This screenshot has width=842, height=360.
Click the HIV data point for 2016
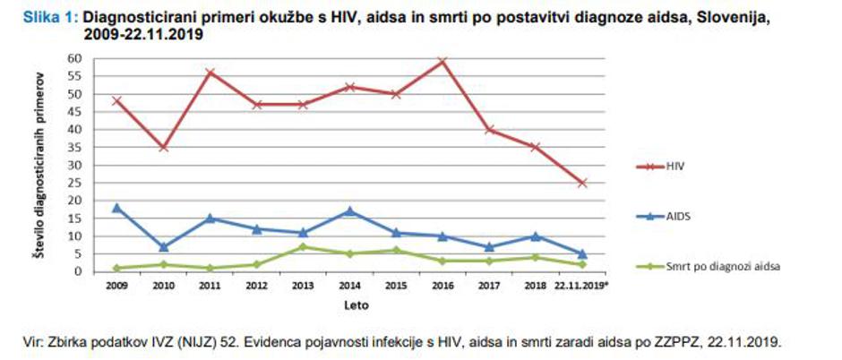(442, 62)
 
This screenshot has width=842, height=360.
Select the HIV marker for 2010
(163, 147)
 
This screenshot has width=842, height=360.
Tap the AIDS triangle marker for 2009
(116, 208)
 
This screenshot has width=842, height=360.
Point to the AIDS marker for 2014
(348, 211)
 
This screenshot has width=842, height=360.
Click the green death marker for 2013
(302, 246)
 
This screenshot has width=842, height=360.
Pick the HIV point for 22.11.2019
(582, 183)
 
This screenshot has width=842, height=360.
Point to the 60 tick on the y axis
(76, 58)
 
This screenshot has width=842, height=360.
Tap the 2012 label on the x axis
(256, 286)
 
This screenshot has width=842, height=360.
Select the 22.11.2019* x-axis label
(581, 286)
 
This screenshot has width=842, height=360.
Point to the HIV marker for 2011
(210, 73)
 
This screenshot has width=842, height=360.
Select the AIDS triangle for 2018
(535, 236)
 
